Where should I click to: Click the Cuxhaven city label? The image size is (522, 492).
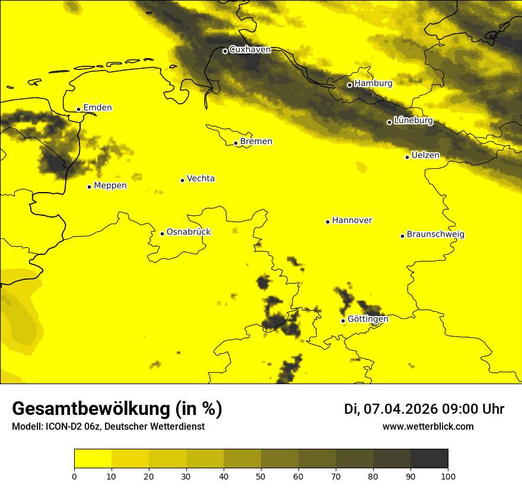click(250, 50)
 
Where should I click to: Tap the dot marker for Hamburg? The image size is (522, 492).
click(349, 85)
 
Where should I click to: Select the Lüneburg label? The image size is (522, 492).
click(413, 121)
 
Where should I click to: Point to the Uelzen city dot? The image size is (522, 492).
click(407, 157)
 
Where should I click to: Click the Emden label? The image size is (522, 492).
click(97, 108)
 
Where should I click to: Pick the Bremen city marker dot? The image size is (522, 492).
click(235, 143)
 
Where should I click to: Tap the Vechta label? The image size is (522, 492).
click(200, 178)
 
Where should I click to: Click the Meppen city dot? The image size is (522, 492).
click(89, 187)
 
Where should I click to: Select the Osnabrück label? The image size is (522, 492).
click(189, 232)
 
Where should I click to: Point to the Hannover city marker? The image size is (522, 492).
click(327, 222)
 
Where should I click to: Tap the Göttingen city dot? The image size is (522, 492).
click(343, 321)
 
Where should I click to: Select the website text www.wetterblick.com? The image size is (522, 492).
click(428, 427)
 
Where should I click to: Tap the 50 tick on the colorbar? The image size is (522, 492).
click(261, 475)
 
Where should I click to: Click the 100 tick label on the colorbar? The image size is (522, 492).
click(448, 475)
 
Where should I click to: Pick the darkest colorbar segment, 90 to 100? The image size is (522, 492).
click(429, 458)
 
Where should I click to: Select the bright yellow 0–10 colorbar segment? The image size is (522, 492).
click(93, 458)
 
